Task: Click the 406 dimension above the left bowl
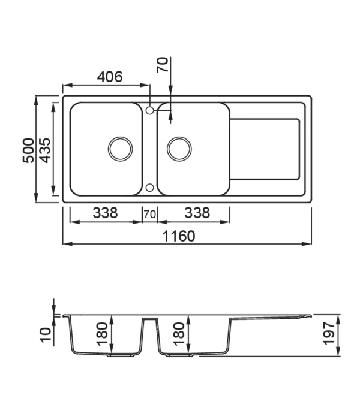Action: [x=111, y=77]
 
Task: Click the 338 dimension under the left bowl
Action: [x=107, y=213]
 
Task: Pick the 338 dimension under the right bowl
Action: [x=196, y=213]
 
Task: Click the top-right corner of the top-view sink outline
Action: [x=311, y=94]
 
